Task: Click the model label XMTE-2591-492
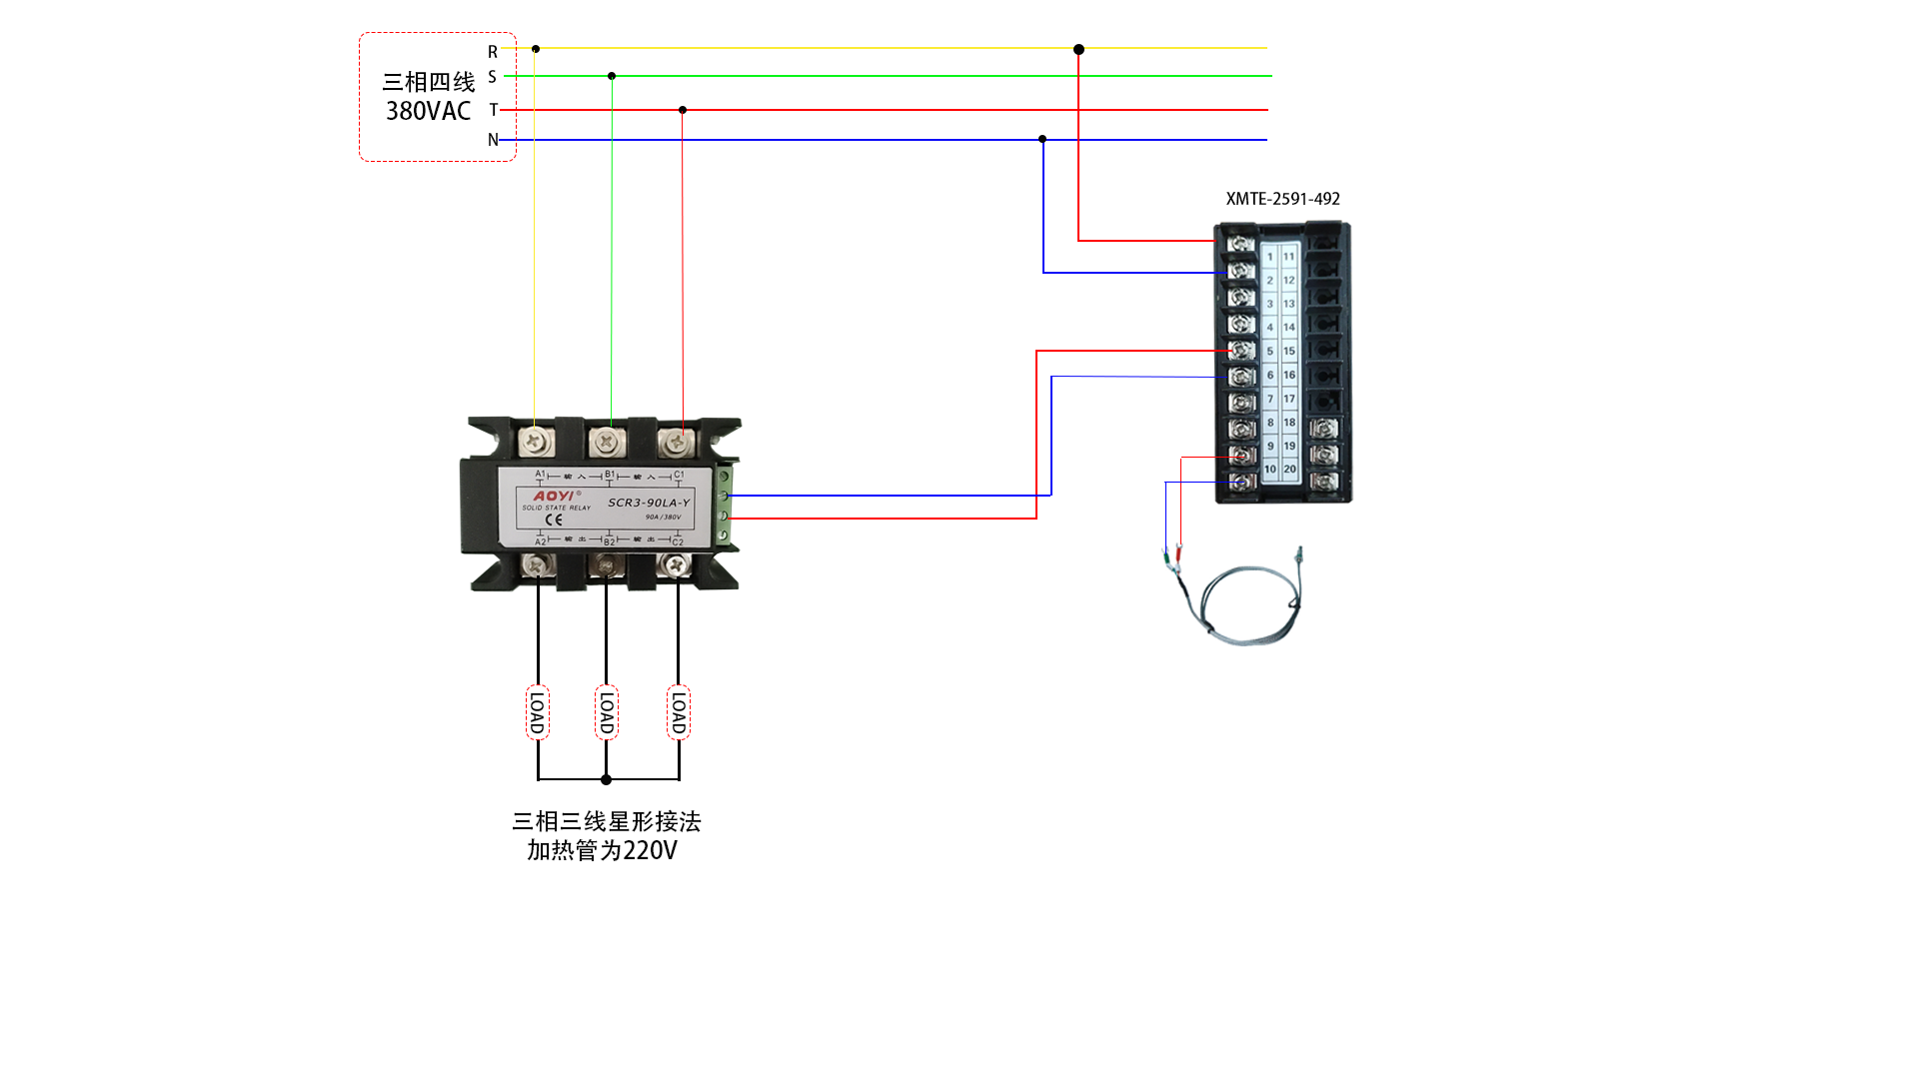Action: click(1282, 199)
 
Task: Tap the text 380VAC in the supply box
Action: click(428, 111)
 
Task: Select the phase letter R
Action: click(493, 51)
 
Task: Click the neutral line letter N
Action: click(493, 140)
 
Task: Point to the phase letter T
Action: click(493, 110)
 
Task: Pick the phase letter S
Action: click(493, 77)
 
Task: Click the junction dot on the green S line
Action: click(612, 76)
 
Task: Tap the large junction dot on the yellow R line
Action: click(1078, 49)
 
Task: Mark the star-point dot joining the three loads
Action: click(606, 779)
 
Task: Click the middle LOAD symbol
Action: click(606, 712)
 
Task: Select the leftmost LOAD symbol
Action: click(538, 712)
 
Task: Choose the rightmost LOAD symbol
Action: click(679, 712)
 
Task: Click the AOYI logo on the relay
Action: click(554, 496)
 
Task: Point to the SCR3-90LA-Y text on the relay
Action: click(649, 503)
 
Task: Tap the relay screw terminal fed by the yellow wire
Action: click(536, 440)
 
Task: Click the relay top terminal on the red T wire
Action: click(677, 440)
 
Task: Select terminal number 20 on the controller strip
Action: click(1289, 469)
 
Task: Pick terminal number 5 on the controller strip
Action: click(1270, 351)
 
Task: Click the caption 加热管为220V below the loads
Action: click(602, 850)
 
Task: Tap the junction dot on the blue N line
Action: click(1042, 139)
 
